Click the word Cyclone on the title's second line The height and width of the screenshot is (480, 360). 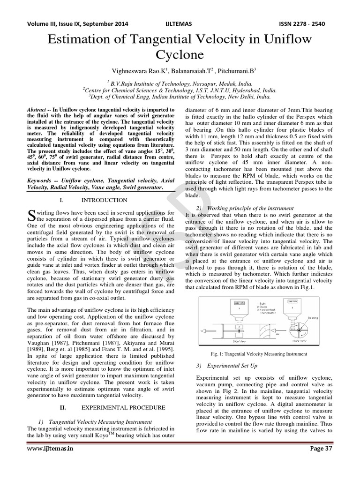[180, 55]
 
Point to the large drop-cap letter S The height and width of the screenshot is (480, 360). [31, 216]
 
